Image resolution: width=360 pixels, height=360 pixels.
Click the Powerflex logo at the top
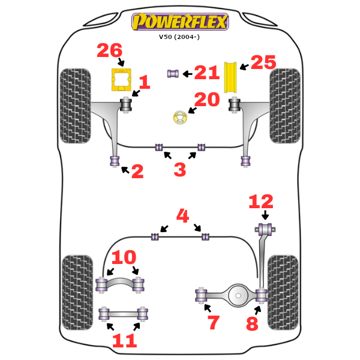pyautogui.click(x=179, y=22)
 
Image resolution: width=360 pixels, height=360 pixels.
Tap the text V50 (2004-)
pyautogui.click(x=179, y=37)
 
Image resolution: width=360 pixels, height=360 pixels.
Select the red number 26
pyautogui.click(x=110, y=51)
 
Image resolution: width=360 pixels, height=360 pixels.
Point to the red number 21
pyautogui.click(x=206, y=73)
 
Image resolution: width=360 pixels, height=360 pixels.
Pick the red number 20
pyautogui.click(x=206, y=100)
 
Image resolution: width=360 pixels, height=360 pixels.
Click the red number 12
pyautogui.click(x=260, y=202)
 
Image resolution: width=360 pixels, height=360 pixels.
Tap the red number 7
pyautogui.click(x=214, y=322)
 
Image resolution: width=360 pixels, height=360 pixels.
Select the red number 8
pyautogui.click(x=252, y=324)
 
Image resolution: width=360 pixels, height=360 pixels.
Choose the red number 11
pyautogui.click(x=124, y=341)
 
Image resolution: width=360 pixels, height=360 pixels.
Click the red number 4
pyautogui.click(x=182, y=215)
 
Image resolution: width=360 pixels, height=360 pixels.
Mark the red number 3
pyautogui.click(x=179, y=170)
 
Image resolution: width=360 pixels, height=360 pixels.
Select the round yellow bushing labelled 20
pyautogui.click(x=180, y=118)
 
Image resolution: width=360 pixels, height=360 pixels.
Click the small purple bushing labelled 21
pyautogui.click(x=173, y=73)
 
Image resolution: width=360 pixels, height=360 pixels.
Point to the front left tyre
pyautogui.click(x=76, y=106)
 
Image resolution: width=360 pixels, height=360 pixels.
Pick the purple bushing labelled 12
pyautogui.click(x=265, y=228)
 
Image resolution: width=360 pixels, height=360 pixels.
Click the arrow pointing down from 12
pyautogui.click(x=265, y=215)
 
